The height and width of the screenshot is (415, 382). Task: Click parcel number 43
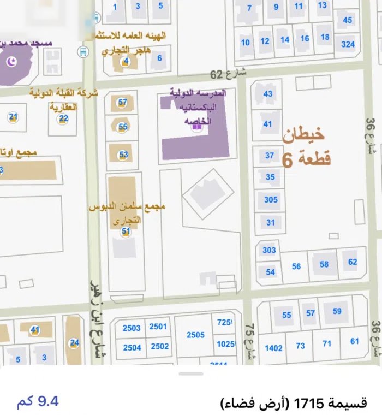(267, 93)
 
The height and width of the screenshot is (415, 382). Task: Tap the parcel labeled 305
(271, 200)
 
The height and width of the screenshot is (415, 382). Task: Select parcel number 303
(269, 250)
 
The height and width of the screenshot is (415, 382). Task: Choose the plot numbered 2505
(195, 335)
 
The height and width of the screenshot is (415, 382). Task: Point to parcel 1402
(274, 348)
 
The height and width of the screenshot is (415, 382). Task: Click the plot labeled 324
(348, 44)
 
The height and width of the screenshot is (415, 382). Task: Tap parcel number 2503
(132, 328)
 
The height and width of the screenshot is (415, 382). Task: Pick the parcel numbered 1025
(225, 344)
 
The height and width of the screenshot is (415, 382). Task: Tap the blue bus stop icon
(82, 52)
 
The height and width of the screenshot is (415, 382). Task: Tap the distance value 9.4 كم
(38, 402)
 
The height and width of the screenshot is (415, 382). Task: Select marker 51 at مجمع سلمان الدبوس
(126, 232)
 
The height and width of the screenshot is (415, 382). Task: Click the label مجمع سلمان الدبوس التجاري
(127, 214)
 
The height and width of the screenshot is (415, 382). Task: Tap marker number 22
(64, 118)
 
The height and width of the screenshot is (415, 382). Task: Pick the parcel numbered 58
(324, 264)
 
